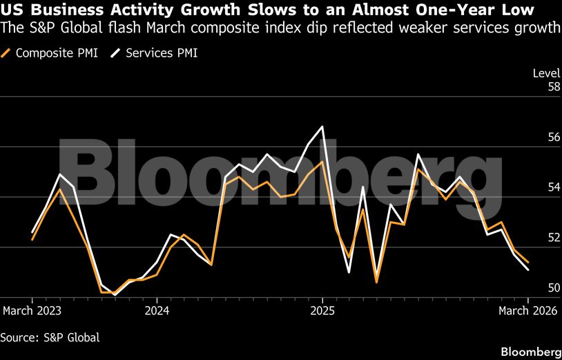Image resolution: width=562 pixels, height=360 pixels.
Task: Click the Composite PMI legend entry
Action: [x=52, y=53]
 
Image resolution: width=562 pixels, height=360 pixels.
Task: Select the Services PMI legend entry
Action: [x=155, y=53]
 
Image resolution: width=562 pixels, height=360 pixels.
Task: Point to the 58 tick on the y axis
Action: [x=534, y=87]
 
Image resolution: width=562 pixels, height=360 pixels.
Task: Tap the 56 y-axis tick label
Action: [x=534, y=138]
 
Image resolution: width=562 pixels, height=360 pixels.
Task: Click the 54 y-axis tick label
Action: [x=534, y=187]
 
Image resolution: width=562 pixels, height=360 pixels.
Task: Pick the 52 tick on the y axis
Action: [x=534, y=238]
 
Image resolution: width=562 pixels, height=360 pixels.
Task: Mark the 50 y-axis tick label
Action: [x=534, y=287]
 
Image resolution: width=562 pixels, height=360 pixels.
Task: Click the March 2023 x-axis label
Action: [x=32, y=311]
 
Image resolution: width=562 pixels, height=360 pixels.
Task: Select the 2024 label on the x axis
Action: [x=157, y=311]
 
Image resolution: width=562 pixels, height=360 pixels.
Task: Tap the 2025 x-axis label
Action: [x=322, y=311]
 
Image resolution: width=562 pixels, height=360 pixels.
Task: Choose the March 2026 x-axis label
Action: [x=530, y=311]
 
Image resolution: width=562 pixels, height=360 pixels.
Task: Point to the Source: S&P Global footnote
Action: [x=50, y=337]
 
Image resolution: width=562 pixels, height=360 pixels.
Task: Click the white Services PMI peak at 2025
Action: [x=322, y=126]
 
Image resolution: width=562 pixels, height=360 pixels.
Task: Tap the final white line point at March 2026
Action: [x=528, y=270]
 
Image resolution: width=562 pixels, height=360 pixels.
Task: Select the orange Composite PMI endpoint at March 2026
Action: [x=528, y=263]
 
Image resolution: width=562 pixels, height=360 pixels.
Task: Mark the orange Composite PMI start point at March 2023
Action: [x=32, y=239]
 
